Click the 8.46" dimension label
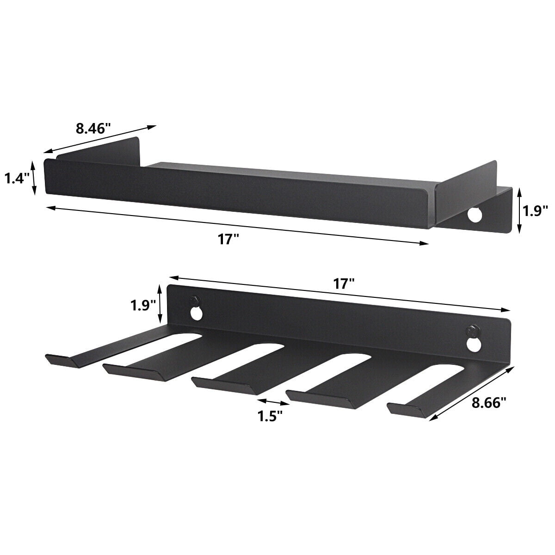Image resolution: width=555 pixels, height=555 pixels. click(93, 128)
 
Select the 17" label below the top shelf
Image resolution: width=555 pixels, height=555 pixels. click(229, 240)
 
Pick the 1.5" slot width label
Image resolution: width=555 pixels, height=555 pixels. click(270, 415)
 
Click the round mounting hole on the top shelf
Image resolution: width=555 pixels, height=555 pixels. click(474, 215)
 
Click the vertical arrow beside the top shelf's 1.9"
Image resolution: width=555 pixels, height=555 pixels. click(519, 210)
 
